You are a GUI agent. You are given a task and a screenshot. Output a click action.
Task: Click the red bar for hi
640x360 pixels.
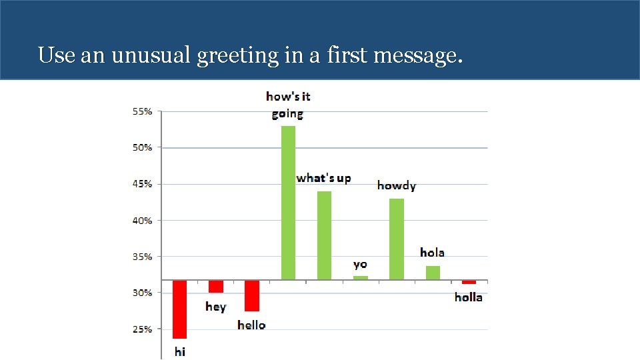click(x=179, y=309)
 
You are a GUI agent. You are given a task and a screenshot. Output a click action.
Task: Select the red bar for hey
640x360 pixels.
click(x=216, y=286)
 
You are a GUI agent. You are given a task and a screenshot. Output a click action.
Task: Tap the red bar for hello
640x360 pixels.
click(x=252, y=295)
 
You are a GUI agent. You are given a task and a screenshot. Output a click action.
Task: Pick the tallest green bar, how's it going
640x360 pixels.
click(x=288, y=203)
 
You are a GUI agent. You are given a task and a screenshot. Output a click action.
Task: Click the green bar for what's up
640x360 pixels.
click(x=324, y=235)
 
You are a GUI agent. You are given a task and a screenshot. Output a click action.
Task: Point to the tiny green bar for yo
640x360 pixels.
click(x=360, y=277)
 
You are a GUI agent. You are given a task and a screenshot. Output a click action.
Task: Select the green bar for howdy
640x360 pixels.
click(x=397, y=239)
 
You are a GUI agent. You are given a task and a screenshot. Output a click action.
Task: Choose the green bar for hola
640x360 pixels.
click(x=433, y=273)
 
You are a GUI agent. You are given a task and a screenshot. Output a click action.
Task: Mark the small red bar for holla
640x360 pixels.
click(x=469, y=282)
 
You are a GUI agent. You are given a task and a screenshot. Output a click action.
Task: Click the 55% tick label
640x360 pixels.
click(x=142, y=111)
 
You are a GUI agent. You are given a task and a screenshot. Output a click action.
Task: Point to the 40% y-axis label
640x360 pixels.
click(x=142, y=220)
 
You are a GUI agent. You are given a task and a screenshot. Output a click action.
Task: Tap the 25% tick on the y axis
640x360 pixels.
click(x=142, y=329)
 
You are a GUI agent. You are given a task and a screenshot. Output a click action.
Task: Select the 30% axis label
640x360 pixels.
click(x=142, y=293)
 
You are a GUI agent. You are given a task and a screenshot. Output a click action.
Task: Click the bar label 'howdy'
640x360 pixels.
click(x=397, y=185)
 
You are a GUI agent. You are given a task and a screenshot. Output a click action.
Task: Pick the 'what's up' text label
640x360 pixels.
click(x=324, y=178)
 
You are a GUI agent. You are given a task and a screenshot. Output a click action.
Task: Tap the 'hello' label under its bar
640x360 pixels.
click(x=251, y=325)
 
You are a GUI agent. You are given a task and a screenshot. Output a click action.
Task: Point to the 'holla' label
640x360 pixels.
click(x=469, y=297)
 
